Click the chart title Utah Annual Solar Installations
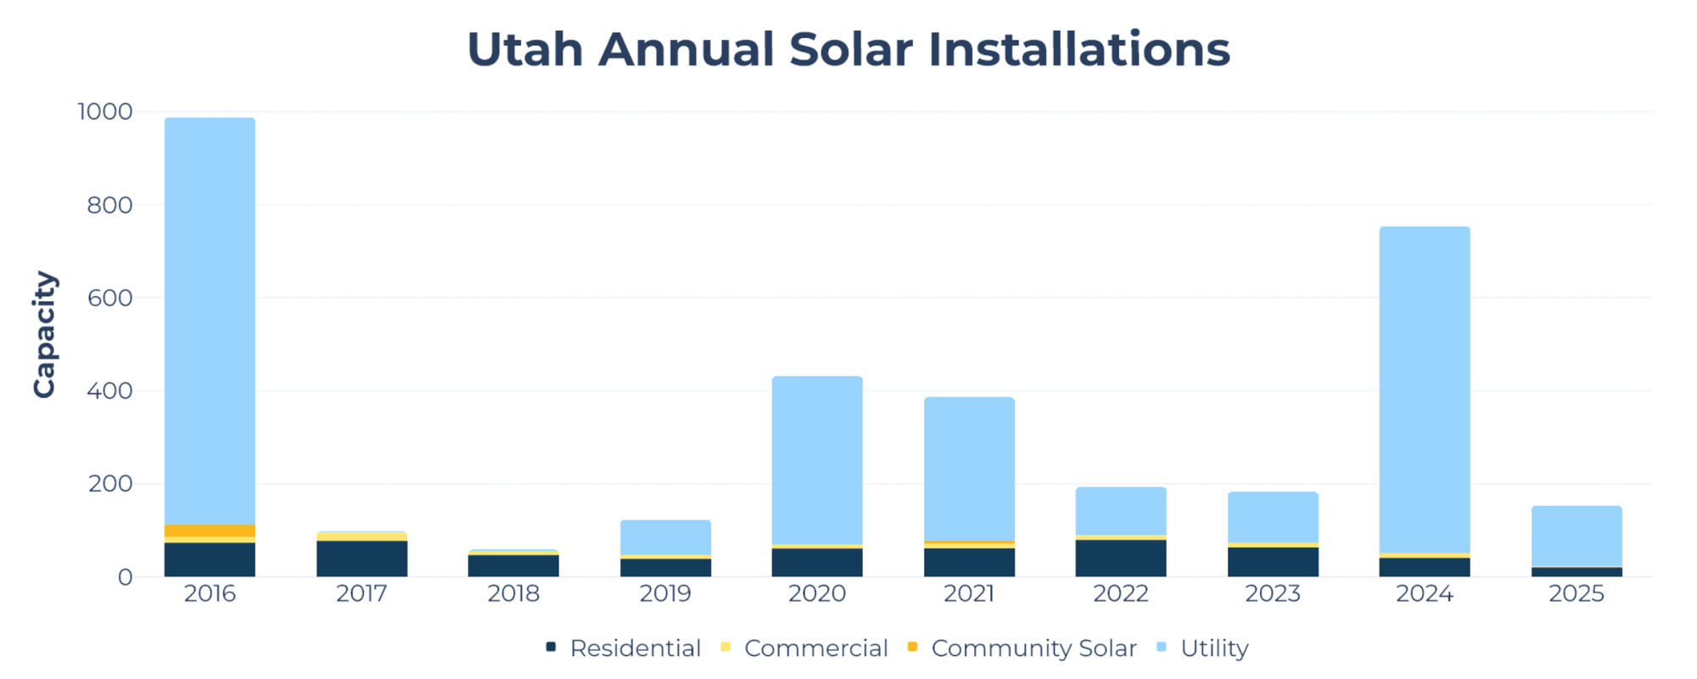click(848, 49)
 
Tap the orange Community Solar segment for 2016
click(210, 530)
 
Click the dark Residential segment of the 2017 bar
click(361, 558)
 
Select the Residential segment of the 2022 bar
click(1121, 558)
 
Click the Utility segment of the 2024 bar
click(1425, 390)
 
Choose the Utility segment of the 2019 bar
click(665, 537)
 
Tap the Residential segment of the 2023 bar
click(1273, 562)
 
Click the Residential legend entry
click(624, 648)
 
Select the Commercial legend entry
click(804, 648)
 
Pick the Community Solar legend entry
click(1022, 648)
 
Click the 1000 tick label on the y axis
click(105, 111)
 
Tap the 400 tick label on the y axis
click(109, 390)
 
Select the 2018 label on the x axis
click(513, 594)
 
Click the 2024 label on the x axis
click(1425, 594)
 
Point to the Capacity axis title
click(44, 334)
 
